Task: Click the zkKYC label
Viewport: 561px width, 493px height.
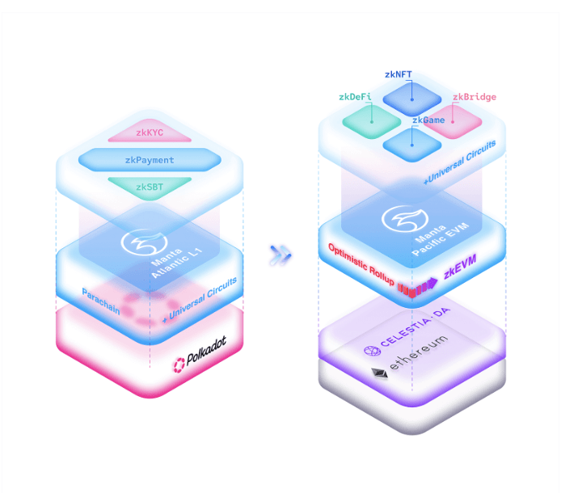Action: [150, 130]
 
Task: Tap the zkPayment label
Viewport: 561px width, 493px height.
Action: [150, 160]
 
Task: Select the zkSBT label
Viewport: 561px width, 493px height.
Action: [150, 188]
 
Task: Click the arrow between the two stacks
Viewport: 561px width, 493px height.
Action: [280, 255]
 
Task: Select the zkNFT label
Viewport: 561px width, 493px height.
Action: [410, 74]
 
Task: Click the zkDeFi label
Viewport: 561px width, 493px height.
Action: [356, 97]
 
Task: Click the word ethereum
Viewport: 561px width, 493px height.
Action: [420, 362]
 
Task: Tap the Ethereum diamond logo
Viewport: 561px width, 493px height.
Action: [378, 373]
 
